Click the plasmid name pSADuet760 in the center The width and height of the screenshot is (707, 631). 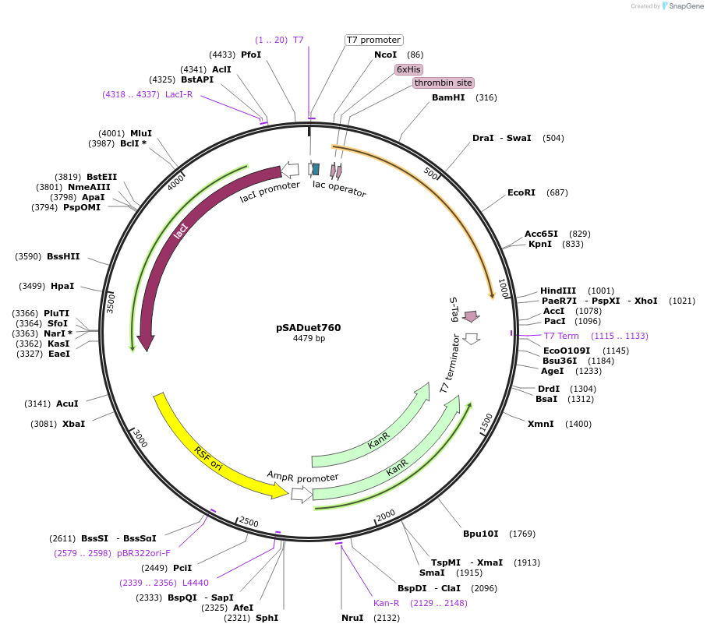point(308,328)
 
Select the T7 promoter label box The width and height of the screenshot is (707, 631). point(373,40)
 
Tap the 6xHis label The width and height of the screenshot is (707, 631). point(408,69)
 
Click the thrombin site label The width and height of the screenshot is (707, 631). point(443,83)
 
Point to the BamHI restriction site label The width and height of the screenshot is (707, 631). point(448,97)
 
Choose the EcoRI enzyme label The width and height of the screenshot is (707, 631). point(521,192)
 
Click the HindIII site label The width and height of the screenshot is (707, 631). point(558,291)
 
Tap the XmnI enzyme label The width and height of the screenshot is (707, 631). point(541,424)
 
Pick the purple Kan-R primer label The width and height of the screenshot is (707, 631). point(386,602)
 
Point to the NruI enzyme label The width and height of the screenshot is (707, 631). point(352,618)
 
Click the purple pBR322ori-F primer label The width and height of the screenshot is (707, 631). point(144,553)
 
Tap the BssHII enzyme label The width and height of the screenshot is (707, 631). point(63,256)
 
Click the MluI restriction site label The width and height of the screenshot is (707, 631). point(141,133)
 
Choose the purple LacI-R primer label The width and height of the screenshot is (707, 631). point(179,94)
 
